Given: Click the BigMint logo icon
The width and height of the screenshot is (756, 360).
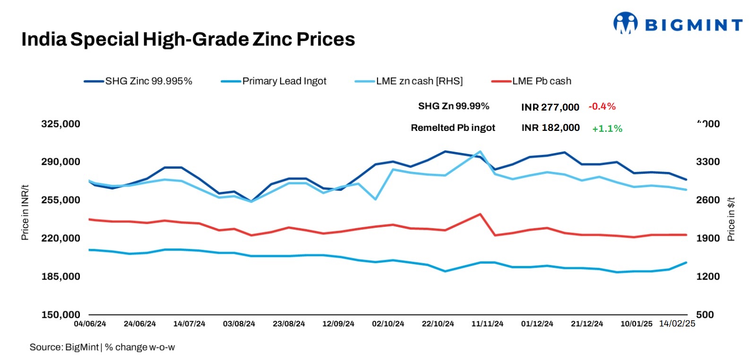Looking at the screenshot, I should [x=625, y=23].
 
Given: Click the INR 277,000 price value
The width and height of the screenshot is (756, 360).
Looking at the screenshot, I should [x=550, y=107].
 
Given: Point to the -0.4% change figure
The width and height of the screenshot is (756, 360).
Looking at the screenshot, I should [x=601, y=106].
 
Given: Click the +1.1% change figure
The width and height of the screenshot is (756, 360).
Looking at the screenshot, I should [x=607, y=129].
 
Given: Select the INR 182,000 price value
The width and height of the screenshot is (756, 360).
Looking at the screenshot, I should [x=550, y=128].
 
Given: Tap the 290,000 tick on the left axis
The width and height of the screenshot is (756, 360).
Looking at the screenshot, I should [x=60, y=162].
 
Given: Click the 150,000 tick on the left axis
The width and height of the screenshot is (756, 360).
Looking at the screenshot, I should [x=60, y=315].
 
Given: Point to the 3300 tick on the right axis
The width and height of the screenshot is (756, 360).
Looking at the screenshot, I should [x=708, y=162].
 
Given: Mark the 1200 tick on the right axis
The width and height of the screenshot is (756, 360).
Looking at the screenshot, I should [x=708, y=276].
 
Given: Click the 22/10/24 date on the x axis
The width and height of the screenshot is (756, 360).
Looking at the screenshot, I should [x=438, y=324].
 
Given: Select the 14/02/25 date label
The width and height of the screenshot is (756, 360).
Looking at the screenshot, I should [x=677, y=324].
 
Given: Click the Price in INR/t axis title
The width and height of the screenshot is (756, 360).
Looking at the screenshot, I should [x=26, y=212].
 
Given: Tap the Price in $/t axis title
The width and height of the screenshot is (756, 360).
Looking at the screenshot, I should [x=731, y=219].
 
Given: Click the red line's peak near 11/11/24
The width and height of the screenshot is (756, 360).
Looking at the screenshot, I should [x=480, y=214].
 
